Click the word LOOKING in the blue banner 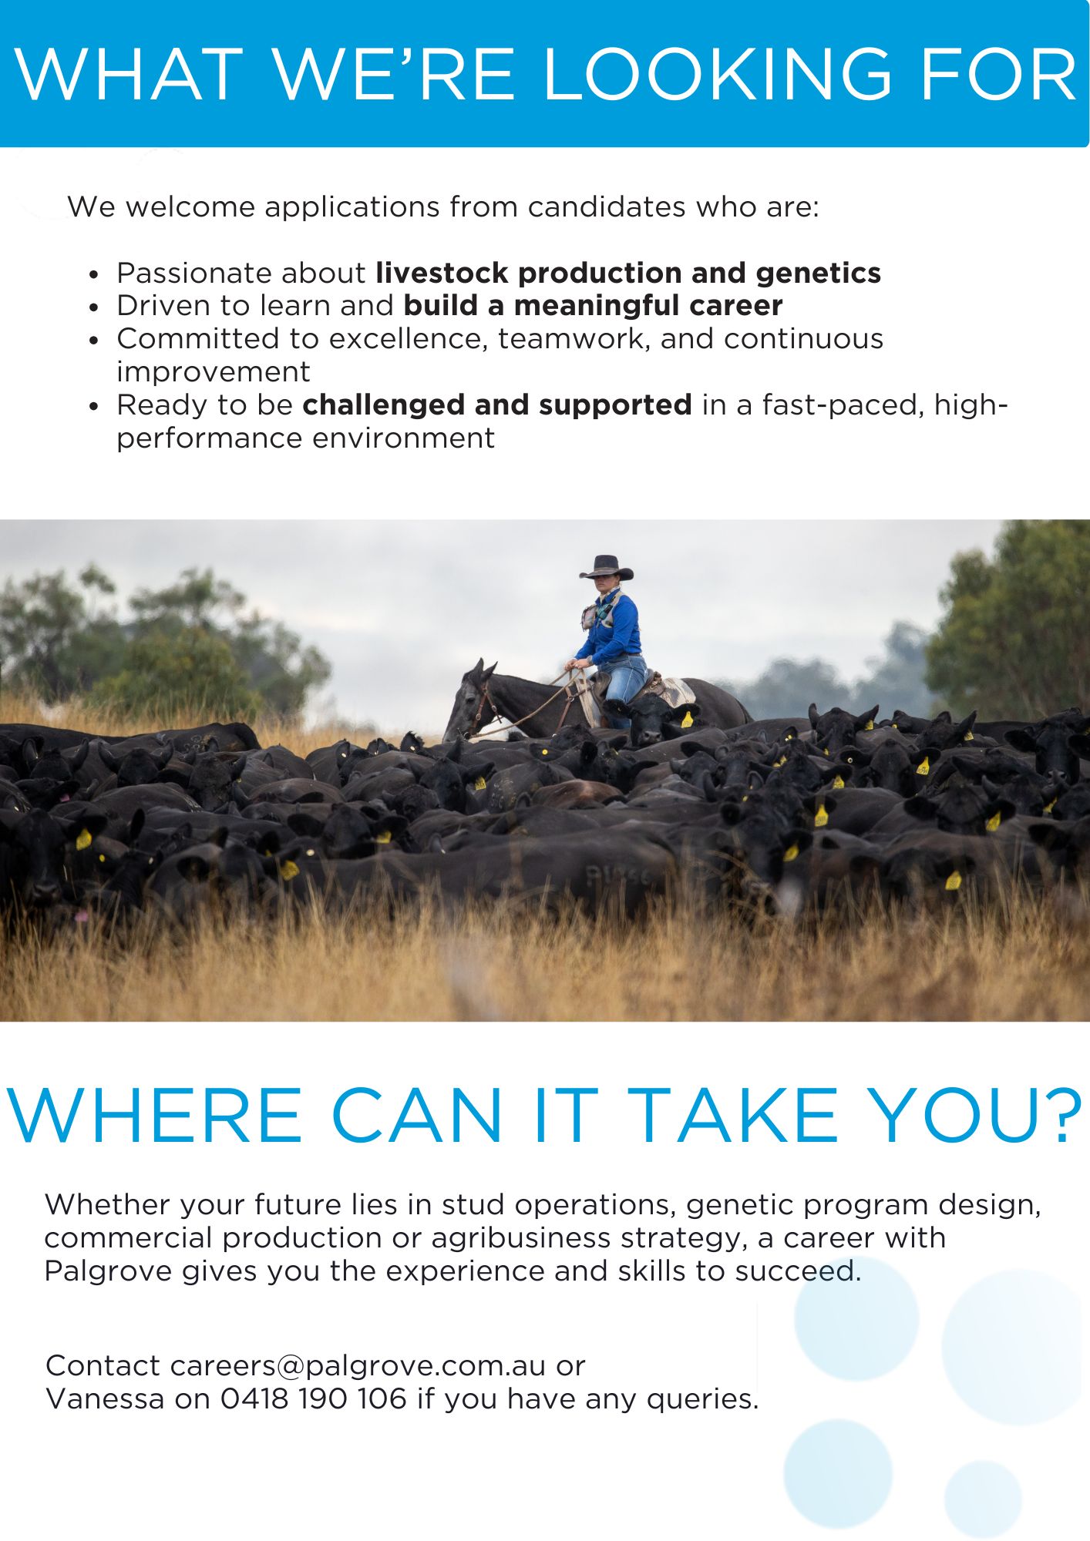pyautogui.click(x=717, y=74)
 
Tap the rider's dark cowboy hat pyautogui.click(x=607, y=568)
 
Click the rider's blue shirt pyautogui.click(x=614, y=628)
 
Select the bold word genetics pyautogui.click(x=819, y=274)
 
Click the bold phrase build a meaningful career pyautogui.click(x=593, y=306)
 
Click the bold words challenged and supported pyautogui.click(x=497, y=405)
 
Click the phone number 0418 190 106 pyautogui.click(x=313, y=1398)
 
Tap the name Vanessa pyautogui.click(x=105, y=1398)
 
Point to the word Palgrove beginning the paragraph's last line pyautogui.click(x=108, y=1271)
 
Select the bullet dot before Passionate pyautogui.click(x=94, y=274)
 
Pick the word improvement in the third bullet pyautogui.click(x=214, y=372)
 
